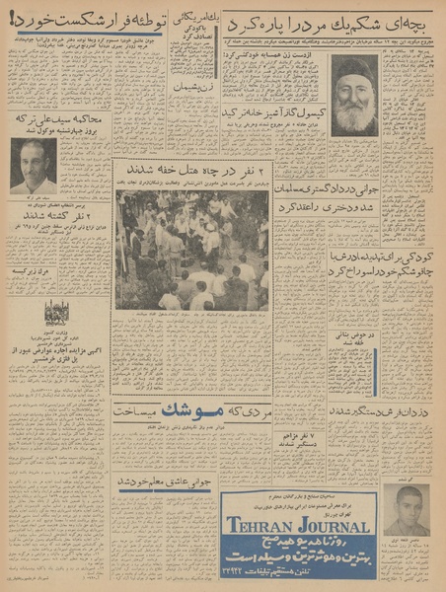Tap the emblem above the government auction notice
pyautogui.click(x=55, y=312)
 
